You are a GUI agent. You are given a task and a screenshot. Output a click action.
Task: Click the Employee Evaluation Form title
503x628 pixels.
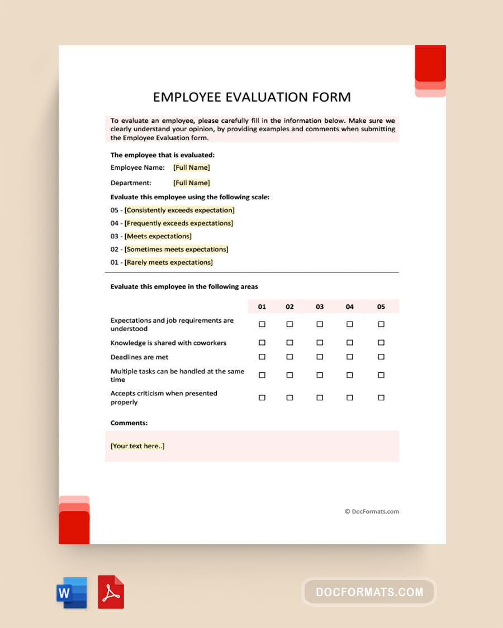point(251,97)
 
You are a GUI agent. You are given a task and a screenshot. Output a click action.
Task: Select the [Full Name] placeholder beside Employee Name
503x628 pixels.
point(191,167)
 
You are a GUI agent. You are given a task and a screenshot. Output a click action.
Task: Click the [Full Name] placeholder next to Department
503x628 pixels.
point(191,183)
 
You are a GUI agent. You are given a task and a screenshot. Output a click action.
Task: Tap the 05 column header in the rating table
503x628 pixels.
point(381,306)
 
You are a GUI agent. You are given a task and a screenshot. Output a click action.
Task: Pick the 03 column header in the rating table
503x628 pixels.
point(320,306)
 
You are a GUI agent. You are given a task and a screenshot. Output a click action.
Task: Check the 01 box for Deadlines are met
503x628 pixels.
point(262,357)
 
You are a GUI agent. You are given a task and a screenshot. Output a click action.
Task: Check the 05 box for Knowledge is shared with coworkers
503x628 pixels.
point(381,343)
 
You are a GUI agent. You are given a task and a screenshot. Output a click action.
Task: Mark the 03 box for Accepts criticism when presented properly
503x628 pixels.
point(320,397)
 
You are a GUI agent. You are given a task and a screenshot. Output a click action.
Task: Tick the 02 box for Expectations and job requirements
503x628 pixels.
point(290,324)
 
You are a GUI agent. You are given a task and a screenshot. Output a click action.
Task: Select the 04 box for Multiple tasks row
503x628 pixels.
point(350,375)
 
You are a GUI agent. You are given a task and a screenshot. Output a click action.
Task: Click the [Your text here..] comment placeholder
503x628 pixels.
point(137,446)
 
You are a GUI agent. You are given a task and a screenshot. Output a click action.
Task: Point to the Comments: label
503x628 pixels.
point(129,423)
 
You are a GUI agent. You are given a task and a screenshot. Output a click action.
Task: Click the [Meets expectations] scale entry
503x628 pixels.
point(158,236)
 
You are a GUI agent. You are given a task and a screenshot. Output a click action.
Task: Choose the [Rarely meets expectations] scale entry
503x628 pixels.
point(168,262)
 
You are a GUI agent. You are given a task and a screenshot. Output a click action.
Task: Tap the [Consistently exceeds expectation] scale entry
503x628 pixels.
point(179,210)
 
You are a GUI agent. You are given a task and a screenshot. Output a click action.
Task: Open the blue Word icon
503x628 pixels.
point(72,592)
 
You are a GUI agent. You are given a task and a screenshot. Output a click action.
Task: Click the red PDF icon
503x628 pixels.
point(111,592)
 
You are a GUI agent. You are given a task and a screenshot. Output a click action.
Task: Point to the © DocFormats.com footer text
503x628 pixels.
point(372,511)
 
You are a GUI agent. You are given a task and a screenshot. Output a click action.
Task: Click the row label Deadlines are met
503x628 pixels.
point(139,357)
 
